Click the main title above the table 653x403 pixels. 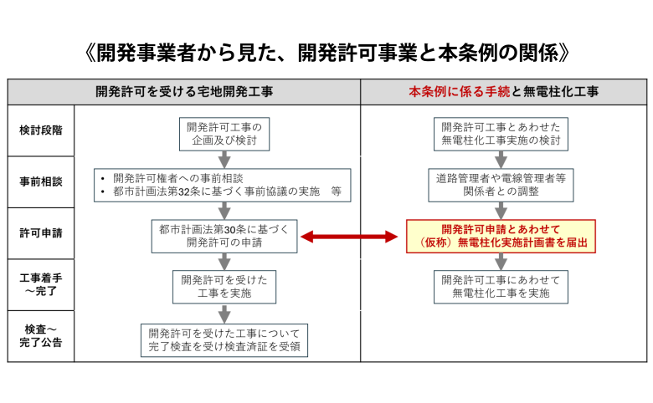tap(327, 52)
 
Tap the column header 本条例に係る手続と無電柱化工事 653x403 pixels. tap(503, 91)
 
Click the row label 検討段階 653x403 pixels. tap(41, 130)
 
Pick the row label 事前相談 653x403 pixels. tap(41, 181)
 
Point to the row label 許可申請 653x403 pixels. tap(41, 233)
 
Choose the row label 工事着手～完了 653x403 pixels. tap(41, 284)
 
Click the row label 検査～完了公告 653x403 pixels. tap(41, 335)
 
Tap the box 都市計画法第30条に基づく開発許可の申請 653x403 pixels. tap(224, 236)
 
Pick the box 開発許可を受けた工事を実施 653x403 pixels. tap(224, 286)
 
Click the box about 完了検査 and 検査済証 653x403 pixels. tap(224, 339)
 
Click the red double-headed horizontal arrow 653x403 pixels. tap(348, 237)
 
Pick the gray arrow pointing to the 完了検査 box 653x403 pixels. tap(224, 313)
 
